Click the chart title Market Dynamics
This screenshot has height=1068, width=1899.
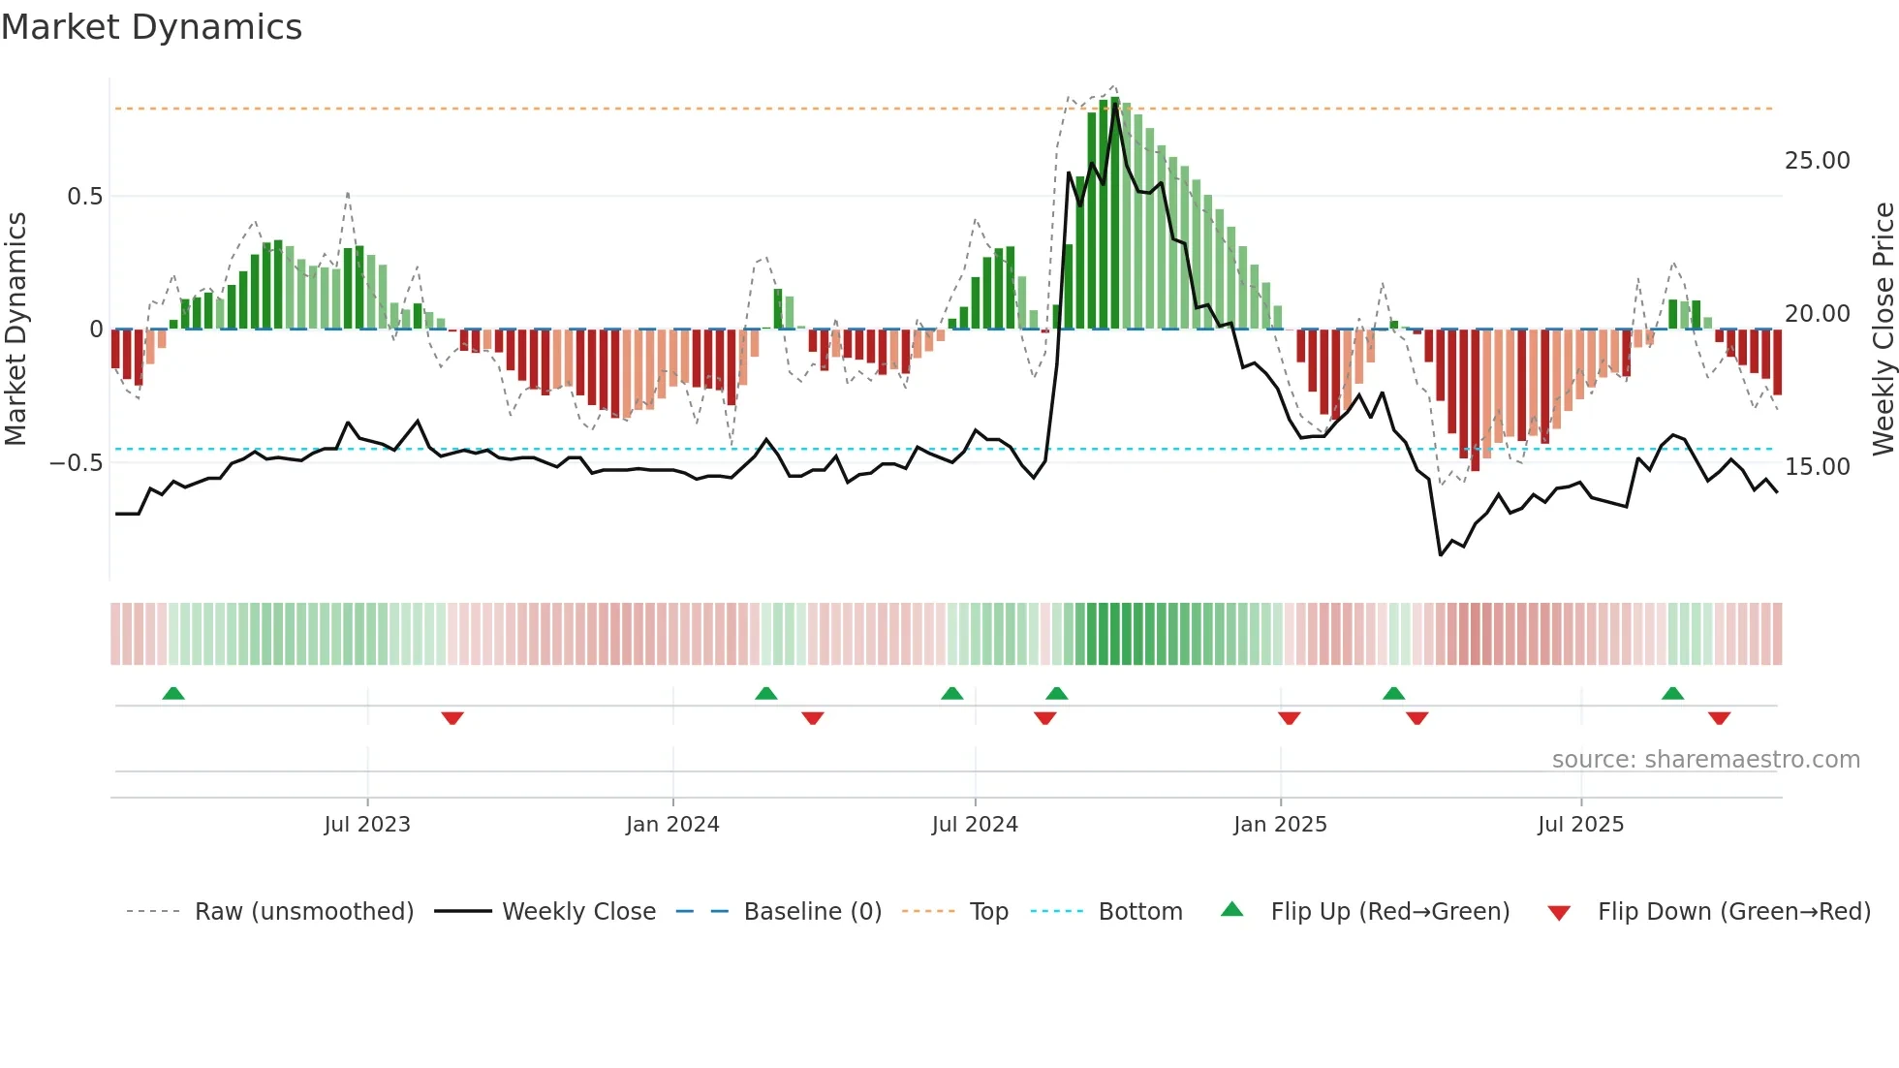tap(151, 27)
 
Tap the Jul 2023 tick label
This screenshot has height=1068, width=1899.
tap(367, 825)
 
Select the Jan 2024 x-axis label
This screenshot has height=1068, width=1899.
tap(672, 825)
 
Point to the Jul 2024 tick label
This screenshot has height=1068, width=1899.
tap(975, 825)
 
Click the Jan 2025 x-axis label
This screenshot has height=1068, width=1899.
tap(1280, 825)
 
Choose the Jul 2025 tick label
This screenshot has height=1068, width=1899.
tap(1580, 825)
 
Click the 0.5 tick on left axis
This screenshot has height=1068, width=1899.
tap(84, 197)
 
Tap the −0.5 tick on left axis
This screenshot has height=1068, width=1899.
tap(77, 463)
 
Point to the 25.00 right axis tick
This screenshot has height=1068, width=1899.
tap(1817, 161)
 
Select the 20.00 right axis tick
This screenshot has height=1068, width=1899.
tap(1817, 314)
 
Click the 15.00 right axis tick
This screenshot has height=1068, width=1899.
tap(1817, 467)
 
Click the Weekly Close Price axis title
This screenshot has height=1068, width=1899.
tap(1883, 329)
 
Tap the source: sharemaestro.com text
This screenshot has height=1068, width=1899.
tap(1705, 760)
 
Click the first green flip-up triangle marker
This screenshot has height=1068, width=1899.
tap(173, 694)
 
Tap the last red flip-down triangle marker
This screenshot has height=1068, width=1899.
tap(1719, 718)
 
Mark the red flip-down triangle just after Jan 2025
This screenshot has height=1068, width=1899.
tap(1289, 718)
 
